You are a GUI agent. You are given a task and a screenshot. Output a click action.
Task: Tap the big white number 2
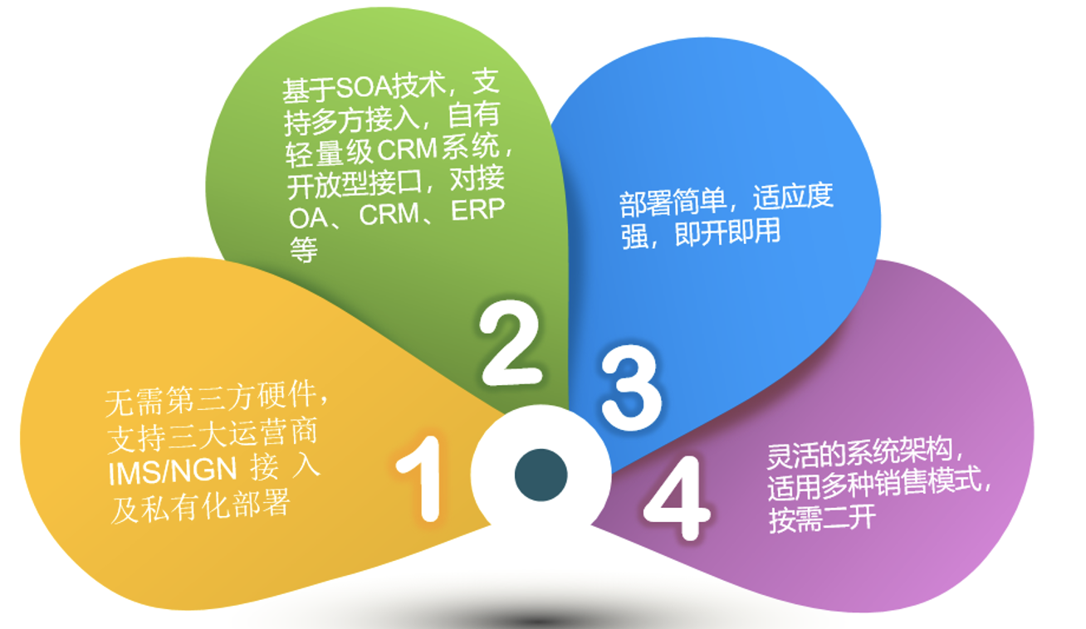pos(510,343)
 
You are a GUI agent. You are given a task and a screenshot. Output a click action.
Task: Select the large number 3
pos(631,388)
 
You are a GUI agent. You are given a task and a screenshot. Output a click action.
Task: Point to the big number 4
pos(677,498)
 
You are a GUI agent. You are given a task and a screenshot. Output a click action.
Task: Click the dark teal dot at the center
pos(541,475)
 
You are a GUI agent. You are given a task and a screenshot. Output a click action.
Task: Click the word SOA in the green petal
pos(364,87)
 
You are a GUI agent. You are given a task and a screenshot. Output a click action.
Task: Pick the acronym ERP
pos(478,211)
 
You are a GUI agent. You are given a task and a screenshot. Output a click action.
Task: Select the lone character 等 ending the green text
pos(304,250)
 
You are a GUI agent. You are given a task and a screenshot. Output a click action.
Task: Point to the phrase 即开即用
pos(727,232)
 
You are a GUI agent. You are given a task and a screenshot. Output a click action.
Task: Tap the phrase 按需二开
pos(822,519)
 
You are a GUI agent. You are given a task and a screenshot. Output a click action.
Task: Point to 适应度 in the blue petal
pos(793,197)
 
